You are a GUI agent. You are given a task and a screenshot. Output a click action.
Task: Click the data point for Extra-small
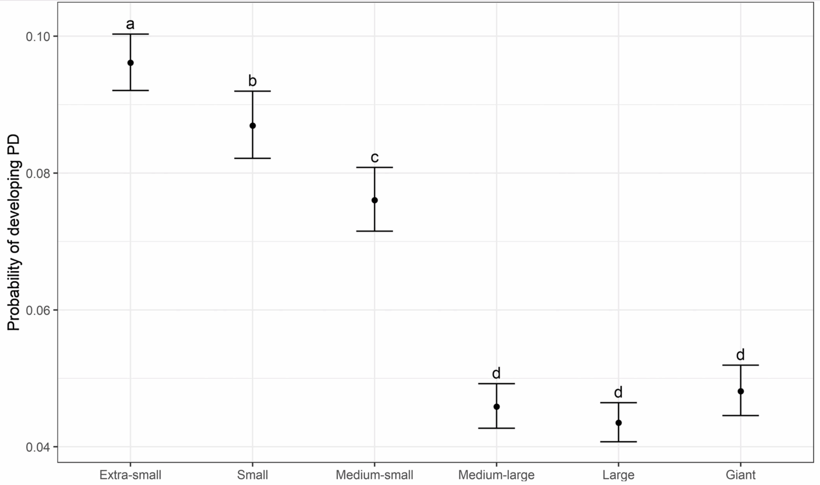(x=130, y=63)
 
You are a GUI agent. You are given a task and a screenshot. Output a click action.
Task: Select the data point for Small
(x=252, y=126)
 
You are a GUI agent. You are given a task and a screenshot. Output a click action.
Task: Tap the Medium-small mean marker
(x=375, y=200)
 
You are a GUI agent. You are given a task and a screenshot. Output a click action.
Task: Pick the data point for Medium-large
(x=496, y=407)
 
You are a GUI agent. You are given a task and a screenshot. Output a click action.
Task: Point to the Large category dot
(x=619, y=423)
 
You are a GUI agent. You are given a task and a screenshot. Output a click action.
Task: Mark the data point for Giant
(x=741, y=391)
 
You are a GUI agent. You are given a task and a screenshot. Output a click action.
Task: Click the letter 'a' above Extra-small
(x=130, y=24)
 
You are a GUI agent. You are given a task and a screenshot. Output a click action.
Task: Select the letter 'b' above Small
(x=252, y=81)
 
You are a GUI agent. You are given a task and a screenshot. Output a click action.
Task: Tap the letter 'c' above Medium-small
(x=375, y=158)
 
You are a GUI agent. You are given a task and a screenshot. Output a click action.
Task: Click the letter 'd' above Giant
(x=741, y=355)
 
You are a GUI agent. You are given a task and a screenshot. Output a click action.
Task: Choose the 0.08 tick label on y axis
(x=37, y=173)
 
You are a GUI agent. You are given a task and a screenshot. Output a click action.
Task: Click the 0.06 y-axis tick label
(x=37, y=310)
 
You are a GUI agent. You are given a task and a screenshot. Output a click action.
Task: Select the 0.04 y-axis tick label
(x=37, y=447)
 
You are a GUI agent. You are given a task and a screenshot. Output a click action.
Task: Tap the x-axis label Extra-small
(x=130, y=475)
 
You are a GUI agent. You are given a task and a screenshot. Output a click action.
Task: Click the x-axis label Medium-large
(x=496, y=475)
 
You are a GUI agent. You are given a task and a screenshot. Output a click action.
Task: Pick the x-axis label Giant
(x=741, y=475)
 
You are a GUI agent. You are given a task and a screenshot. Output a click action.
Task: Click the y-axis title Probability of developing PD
(x=14, y=233)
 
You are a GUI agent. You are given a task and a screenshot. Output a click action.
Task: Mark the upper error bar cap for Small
(x=252, y=91)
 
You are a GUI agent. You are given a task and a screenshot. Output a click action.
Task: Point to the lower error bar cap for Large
(x=619, y=442)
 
